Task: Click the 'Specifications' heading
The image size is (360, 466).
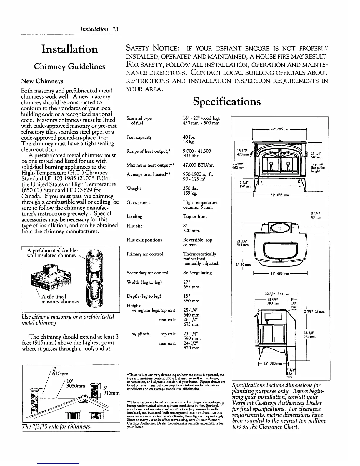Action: pos(226,101)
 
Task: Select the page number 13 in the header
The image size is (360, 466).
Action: pos(115,29)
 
